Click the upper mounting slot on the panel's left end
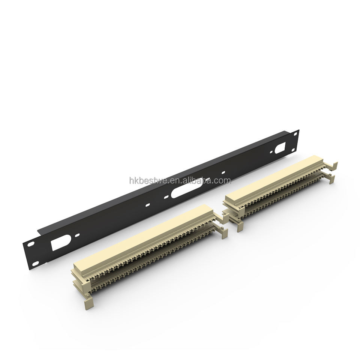coord(31,244)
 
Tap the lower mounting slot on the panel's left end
coord(35,264)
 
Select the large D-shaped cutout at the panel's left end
coord(60,242)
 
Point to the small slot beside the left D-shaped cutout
coord(77,235)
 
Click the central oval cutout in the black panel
coord(187,187)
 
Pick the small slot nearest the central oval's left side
coord(166,196)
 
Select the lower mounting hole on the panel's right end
coord(293,150)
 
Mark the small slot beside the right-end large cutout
coord(271,152)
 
